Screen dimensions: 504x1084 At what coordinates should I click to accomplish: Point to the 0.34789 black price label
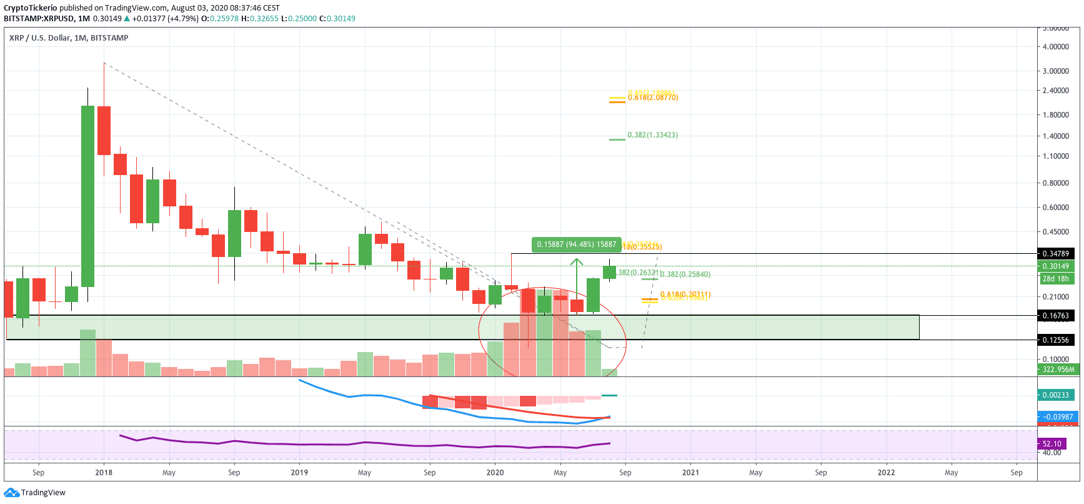click(x=1055, y=254)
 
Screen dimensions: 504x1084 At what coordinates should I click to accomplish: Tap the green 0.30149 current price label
click(x=1055, y=266)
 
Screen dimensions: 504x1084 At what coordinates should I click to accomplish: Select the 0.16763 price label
click(x=1055, y=316)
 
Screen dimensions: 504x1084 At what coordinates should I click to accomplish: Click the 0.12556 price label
click(x=1055, y=340)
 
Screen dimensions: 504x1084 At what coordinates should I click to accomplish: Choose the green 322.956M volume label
click(x=1058, y=370)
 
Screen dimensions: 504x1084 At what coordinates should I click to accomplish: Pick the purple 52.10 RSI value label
click(x=1052, y=444)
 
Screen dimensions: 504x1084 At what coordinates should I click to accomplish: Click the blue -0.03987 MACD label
click(x=1057, y=417)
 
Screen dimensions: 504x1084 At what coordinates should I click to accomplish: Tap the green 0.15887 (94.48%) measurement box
click(x=576, y=244)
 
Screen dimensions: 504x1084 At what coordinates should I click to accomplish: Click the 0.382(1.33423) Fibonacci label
click(x=652, y=135)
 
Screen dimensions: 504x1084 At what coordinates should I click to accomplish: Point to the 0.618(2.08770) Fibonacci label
click(x=653, y=98)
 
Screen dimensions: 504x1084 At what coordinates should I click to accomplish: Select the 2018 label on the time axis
click(x=104, y=473)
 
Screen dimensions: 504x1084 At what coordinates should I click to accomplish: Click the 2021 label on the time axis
click(x=690, y=473)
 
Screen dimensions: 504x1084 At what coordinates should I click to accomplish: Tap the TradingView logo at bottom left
click(x=35, y=493)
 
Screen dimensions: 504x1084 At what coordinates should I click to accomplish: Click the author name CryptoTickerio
click(x=30, y=8)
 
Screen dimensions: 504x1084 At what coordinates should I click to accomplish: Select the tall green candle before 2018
click(x=87, y=196)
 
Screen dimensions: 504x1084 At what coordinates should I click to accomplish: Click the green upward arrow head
click(x=576, y=262)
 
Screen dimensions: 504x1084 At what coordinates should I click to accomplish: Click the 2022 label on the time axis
click(x=886, y=473)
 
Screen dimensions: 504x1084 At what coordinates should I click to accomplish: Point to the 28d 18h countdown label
click(x=1055, y=279)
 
